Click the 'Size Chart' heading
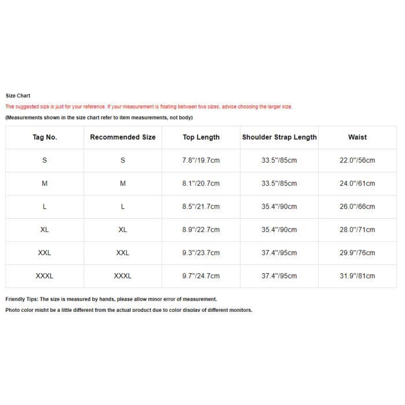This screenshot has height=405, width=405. click(x=18, y=95)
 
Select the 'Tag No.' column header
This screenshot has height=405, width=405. click(x=45, y=137)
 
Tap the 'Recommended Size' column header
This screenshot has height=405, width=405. click(x=123, y=137)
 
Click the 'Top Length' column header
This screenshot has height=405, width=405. click(x=201, y=137)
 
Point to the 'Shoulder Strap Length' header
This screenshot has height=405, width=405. click(x=279, y=137)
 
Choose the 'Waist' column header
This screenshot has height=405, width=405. click(x=357, y=137)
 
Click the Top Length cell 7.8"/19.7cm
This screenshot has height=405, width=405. click(x=201, y=160)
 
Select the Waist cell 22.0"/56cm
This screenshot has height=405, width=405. click(x=357, y=160)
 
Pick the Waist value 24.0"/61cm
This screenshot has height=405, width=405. click(x=357, y=183)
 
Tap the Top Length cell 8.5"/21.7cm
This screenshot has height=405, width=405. click(x=201, y=207)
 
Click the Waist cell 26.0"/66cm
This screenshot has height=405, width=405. click(x=357, y=207)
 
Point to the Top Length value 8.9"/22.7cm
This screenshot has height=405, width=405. click(x=201, y=230)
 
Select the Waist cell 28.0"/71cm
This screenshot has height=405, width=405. click(x=357, y=230)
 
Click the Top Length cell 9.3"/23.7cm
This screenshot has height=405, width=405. click(x=201, y=253)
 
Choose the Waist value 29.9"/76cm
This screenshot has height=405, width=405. click(x=357, y=253)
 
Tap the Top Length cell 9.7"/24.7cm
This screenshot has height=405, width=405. click(x=201, y=276)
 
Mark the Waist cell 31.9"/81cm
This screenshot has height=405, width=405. click(x=357, y=276)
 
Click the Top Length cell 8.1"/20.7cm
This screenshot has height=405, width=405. click(x=201, y=183)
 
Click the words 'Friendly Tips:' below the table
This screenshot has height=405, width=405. click(x=21, y=299)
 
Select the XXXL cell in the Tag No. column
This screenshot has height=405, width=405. click(x=45, y=276)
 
